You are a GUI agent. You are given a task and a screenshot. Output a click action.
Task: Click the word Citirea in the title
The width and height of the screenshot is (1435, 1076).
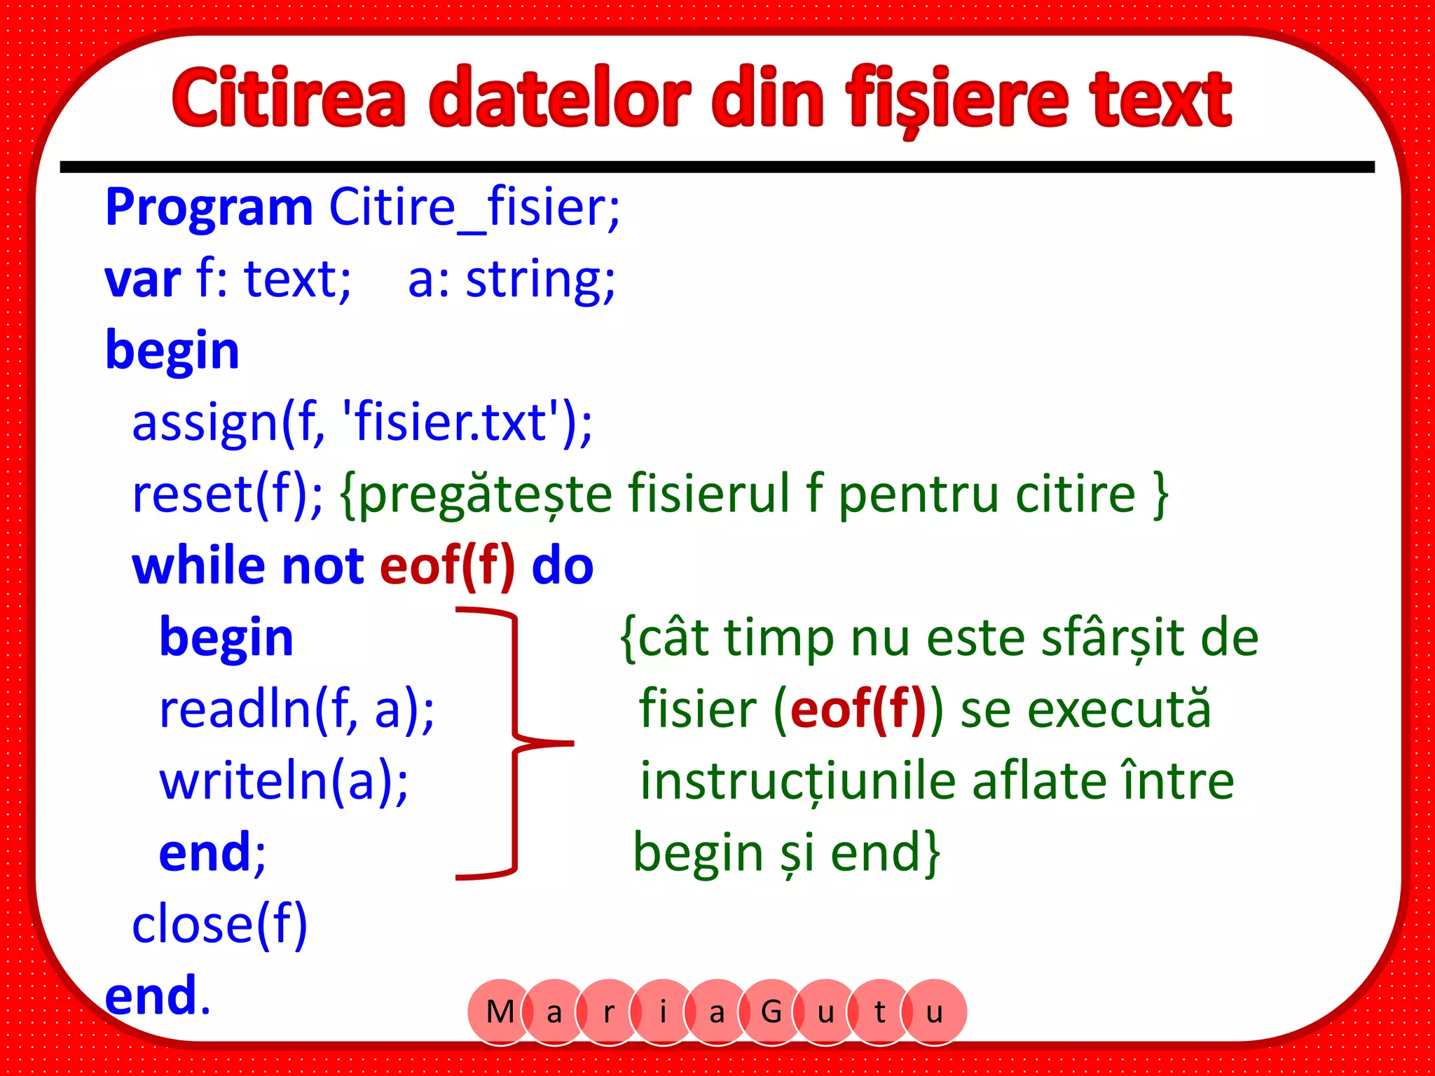click(x=289, y=98)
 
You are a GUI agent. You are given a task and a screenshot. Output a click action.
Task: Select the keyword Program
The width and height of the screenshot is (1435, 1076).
click(x=209, y=208)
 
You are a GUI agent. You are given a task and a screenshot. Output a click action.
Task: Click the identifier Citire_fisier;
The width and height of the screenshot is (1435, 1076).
click(x=474, y=208)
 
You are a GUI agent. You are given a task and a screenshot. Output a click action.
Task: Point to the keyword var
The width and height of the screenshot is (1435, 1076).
click(x=143, y=280)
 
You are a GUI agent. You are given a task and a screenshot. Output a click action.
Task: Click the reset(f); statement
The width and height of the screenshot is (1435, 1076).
click(x=228, y=495)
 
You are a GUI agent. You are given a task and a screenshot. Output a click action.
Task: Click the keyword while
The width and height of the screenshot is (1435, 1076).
click(x=198, y=566)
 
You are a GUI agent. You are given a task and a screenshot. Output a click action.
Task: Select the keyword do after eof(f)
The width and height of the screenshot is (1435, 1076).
click(x=563, y=566)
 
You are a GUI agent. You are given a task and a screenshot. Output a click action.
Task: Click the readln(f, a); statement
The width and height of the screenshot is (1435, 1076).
click(x=296, y=710)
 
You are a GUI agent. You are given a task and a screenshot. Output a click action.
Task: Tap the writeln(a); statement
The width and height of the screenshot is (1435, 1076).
click(x=284, y=782)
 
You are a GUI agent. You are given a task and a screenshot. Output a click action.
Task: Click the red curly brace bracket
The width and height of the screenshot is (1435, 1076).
click(x=516, y=743)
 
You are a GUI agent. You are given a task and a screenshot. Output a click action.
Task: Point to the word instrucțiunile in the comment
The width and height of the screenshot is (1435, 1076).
click(x=797, y=782)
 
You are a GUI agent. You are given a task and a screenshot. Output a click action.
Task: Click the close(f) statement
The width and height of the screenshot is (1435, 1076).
click(x=219, y=925)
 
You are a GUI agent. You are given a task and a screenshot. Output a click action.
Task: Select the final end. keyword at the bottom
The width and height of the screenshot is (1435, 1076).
click(x=158, y=996)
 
